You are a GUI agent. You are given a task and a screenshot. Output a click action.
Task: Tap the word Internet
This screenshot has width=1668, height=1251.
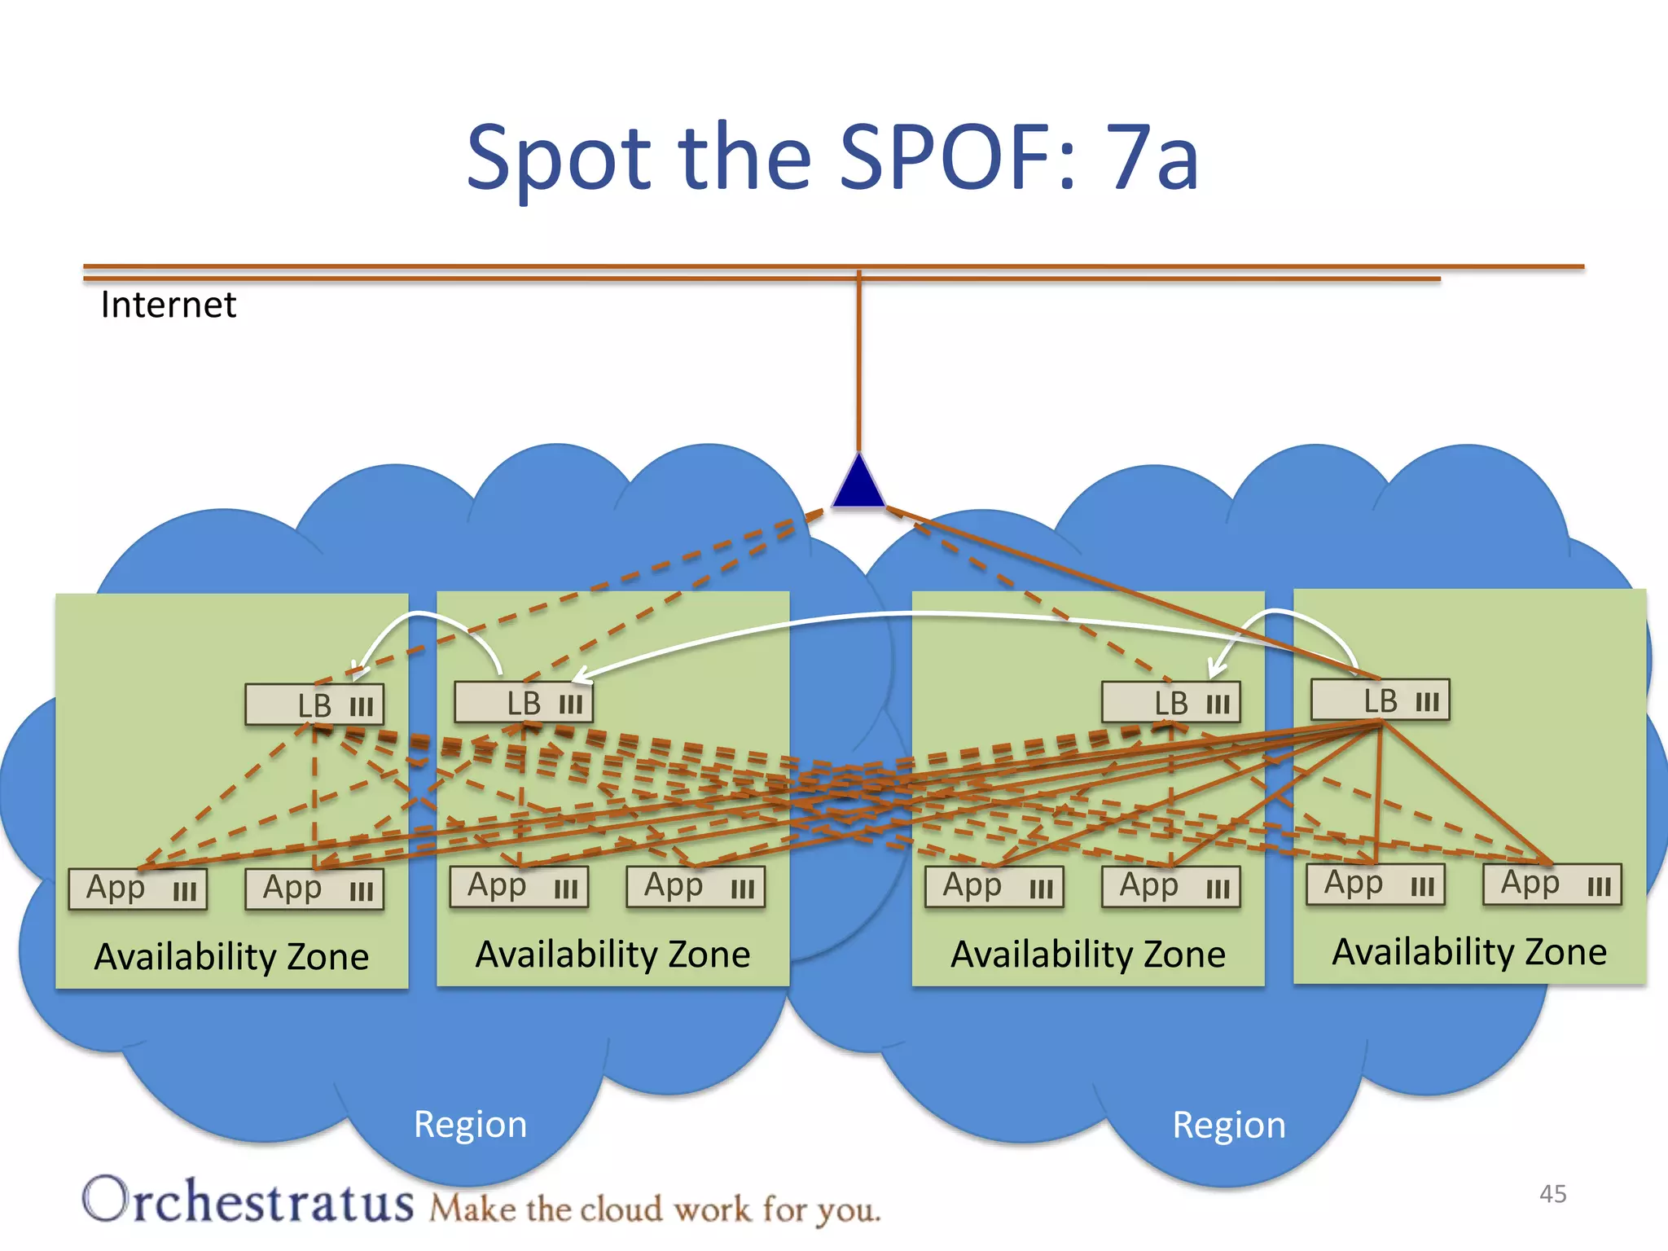pyautogui.click(x=168, y=305)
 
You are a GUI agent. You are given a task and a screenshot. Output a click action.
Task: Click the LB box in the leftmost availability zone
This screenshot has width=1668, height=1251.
pyautogui.click(x=314, y=705)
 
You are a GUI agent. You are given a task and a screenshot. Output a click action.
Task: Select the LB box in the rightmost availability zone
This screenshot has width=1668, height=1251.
pyautogui.click(x=1380, y=700)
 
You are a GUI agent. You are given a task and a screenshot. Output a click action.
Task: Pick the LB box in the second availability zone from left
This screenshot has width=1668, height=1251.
pyautogui.click(x=524, y=703)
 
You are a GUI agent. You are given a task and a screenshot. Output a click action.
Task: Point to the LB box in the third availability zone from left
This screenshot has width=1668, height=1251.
pyautogui.click(x=1170, y=703)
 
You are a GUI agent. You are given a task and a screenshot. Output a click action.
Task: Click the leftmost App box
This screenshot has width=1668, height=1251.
pyautogui.click(x=138, y=889)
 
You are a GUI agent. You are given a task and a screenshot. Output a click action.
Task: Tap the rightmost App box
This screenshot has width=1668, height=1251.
pyautogui.click(x=1552, y=884)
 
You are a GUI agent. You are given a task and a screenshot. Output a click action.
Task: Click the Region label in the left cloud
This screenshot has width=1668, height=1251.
pyautogui.click(x=470, y=1125)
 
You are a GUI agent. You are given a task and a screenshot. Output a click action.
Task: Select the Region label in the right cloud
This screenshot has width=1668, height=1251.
pyautogui.click(x=1228, y=1126)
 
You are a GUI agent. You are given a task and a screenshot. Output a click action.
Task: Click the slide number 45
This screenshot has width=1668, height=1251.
pyautogui.click(x=1552, y=1194)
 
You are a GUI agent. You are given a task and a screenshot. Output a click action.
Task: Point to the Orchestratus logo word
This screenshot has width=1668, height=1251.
pyautogui.click(x=248, y=1202)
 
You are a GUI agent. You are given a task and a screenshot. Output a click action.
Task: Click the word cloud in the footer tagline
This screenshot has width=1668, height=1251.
pyautogui.click(x=620, y=1209)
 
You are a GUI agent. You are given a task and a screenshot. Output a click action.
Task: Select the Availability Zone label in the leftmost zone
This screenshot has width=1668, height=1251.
pyautogui.click(x=231, y=957)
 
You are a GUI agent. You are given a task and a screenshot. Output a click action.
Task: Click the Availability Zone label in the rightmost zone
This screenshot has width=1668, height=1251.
pyautogui.click(x=1469, y=952)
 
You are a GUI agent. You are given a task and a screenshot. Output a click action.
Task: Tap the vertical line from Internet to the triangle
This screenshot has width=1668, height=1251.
pyautogui.click(x=858, y=367)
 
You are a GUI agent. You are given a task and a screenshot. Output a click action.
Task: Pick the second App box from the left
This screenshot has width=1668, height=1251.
pyautogui.click(x=314, y=889)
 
